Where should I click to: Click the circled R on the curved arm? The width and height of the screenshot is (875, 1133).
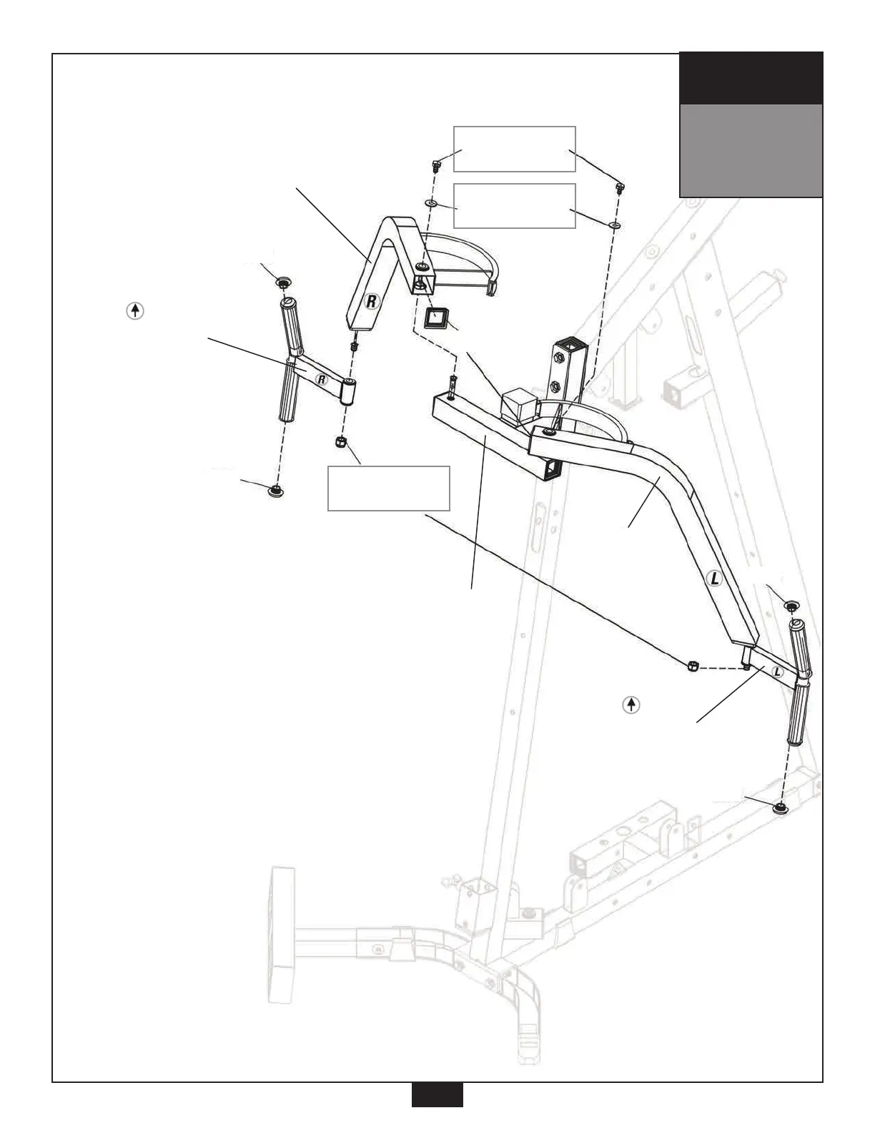tap(371, 301)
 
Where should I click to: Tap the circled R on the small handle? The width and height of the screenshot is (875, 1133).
tap(322, 379)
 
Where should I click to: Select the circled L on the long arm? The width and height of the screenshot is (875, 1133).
tap(713, 579)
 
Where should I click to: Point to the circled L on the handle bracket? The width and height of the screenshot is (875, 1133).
tap(777, 673)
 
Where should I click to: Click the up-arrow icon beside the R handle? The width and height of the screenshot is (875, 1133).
tap(135, 311)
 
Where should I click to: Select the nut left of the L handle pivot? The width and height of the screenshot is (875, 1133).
tap(691, 667)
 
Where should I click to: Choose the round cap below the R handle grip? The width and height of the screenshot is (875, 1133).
tap(274, 491)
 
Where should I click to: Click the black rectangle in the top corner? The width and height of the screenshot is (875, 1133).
tap(751, 78)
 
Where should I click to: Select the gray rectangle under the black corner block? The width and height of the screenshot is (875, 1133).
tap(751, 150)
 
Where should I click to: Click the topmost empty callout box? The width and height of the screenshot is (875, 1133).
tap(515, 149)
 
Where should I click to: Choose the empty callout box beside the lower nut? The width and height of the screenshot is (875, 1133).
tap(389, 488)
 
